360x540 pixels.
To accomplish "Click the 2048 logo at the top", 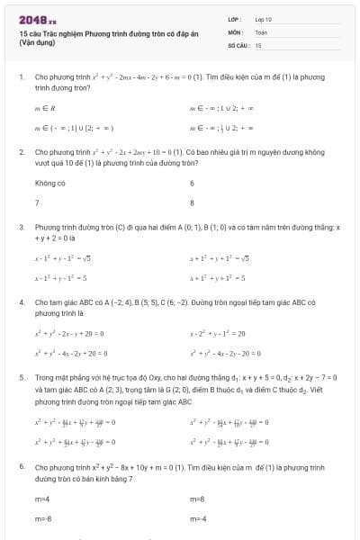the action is (37, 19).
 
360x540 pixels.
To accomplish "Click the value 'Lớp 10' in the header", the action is (264, 18).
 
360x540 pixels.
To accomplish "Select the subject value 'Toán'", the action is (262, 31).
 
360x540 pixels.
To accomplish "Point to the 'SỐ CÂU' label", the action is (238, 44).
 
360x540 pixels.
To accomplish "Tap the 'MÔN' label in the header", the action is (235, 31).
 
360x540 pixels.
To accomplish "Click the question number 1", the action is (21, 77).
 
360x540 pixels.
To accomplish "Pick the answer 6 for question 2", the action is (192, 183).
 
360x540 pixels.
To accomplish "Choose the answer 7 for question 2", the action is (37, 202).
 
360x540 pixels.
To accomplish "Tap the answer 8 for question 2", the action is (192, 202).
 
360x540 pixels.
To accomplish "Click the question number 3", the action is (21, 228).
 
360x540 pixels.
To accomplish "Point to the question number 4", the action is (21, 303).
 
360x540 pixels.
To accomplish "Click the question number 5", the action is (21, 379).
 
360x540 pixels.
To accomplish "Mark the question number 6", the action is (21, 467).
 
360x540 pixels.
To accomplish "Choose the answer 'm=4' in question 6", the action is (41, 499).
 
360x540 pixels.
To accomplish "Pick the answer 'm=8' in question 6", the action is (197, 499).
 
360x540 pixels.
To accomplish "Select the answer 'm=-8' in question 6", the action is (43, 519).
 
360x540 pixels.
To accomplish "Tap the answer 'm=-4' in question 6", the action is (198, 519).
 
